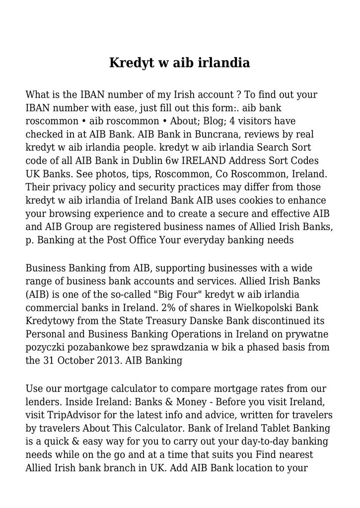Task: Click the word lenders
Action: [42, 401]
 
